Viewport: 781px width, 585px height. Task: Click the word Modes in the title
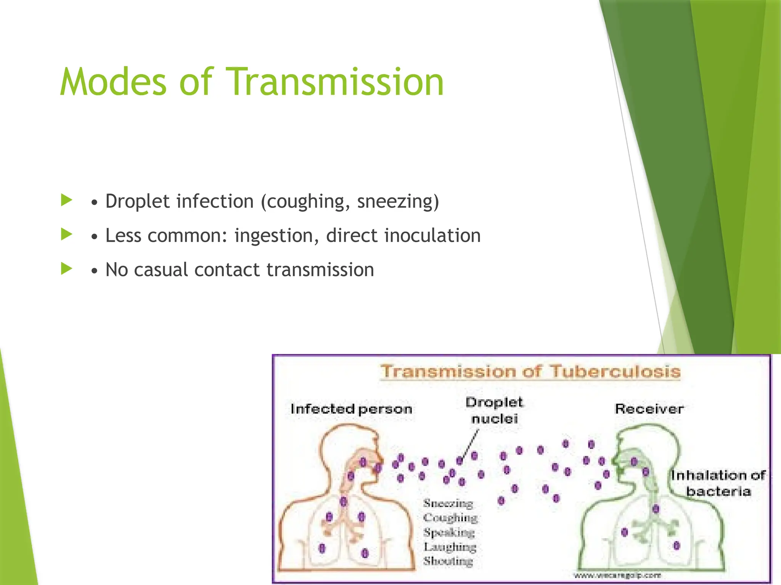[x=113, y=82]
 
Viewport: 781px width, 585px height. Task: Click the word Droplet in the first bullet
[x=137, y=201]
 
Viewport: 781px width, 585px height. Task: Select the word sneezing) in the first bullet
[x=398, y=201]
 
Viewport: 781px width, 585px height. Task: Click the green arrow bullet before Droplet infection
[x=66, y=200]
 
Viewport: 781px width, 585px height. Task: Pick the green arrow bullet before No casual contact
[x=66, y=269]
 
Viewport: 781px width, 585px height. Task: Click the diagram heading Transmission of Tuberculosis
[x=530, y=371]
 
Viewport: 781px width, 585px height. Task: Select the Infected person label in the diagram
[x=351, y=409]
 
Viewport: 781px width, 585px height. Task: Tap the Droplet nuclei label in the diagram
[x=494, y=411]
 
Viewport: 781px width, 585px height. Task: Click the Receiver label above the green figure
[x=649, y=409]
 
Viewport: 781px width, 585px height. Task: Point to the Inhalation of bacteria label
[x=718, y=483]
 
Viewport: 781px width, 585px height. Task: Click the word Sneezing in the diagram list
[x=448, y=503]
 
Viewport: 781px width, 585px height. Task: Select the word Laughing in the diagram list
[x=450, y=547]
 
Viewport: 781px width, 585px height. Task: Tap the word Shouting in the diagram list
[x=448, y=561]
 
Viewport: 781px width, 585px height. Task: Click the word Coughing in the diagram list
[x=450, y=518]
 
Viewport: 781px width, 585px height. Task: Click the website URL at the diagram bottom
[x=617, y=575]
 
